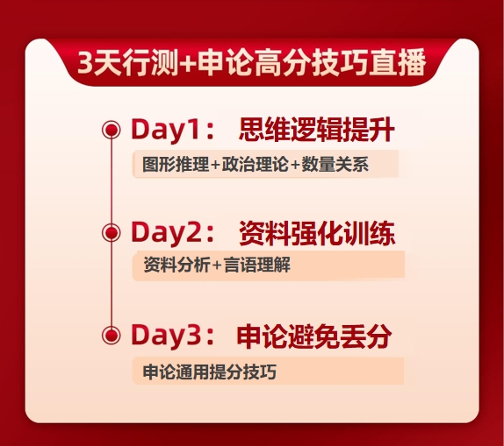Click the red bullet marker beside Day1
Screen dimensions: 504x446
(112, 130)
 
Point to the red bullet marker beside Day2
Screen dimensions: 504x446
(112, 232)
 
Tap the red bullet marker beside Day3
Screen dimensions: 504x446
(112, 336)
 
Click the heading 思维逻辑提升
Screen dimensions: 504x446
(317, 130)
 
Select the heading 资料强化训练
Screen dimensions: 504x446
(317, 233)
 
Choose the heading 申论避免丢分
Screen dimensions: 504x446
(314, 336)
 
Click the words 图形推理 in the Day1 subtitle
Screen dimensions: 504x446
(176, 164)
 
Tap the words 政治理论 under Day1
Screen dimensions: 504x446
(256, 164)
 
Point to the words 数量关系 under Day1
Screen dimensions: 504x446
(335, 164)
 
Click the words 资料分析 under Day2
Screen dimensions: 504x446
(176, 265)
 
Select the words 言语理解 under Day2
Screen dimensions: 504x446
(257, 265)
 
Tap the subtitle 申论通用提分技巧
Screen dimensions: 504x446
(209, 372)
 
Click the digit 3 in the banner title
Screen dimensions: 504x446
(85, 62)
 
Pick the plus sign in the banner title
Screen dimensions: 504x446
(188, 63)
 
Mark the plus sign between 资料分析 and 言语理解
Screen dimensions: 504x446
(217, 265)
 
